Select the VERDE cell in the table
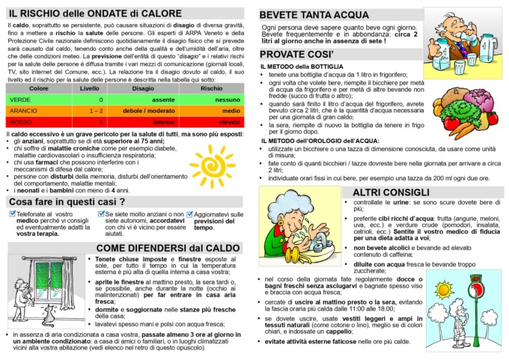[x=20, y=100]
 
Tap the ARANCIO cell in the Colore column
[x=23, y=110]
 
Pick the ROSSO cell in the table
[x=21, y=120]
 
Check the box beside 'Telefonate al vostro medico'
[x=11, y=214]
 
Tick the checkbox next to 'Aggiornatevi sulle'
[x=189, y=214]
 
